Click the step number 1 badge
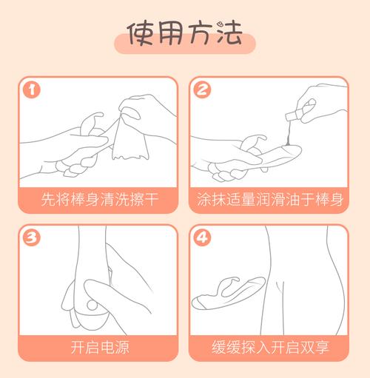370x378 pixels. [32, 90]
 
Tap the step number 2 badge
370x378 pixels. [202, 90]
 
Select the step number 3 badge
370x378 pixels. [32, 237]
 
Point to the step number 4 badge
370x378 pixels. [202, 237]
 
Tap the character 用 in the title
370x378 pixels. [171, 33]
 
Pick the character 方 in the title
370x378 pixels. [201, 34]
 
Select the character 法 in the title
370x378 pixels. [229, 34]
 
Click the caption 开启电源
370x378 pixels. [100, 347]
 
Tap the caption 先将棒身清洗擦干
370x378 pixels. [100, 199]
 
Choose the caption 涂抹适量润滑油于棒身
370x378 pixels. [270, 199]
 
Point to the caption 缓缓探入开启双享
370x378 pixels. [270, 347]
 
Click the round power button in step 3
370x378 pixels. [92, 306]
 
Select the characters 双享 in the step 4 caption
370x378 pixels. [314, 347]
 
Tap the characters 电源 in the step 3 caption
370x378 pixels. [115, 347]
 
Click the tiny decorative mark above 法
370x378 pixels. [220, 24]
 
